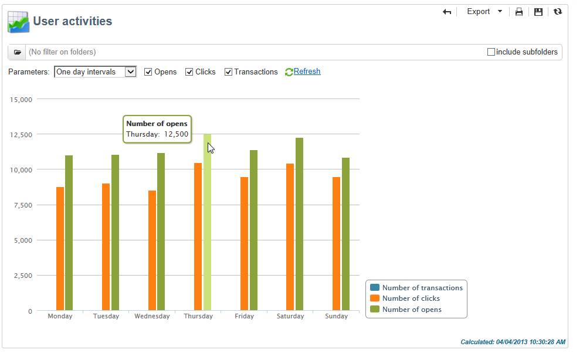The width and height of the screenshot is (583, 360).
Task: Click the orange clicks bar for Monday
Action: click(x=60, y=249)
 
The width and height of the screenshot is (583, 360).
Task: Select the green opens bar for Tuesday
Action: click(x=115, y=232)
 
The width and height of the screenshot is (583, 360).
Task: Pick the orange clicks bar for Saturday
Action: click(x=290, y=237)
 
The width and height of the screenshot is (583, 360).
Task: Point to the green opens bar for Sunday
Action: click(x=345, y=234)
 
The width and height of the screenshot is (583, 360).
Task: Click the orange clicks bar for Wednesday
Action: click(x=152, y=250)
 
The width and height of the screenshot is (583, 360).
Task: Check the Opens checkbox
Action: click(x=148, y=72)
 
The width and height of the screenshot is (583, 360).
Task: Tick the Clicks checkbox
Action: click(x=189, y=72)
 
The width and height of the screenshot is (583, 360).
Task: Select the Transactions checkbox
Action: click(x=228, y=72)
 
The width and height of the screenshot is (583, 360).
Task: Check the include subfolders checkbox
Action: click(x=491, y=52)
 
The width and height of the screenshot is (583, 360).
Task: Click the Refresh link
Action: click(x=307, y=72)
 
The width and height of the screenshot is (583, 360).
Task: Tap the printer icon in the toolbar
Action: click(x=519, y=12)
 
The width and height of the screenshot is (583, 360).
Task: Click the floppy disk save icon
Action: click(x=538, y=12)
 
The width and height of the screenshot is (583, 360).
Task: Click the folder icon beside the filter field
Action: click(x=17, y=52)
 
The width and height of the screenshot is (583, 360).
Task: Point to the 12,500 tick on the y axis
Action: click(x=22, y=134)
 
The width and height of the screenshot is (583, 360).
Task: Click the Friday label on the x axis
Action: click(x=245, y=317)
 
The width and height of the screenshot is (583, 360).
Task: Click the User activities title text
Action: click(x=73, y=22)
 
